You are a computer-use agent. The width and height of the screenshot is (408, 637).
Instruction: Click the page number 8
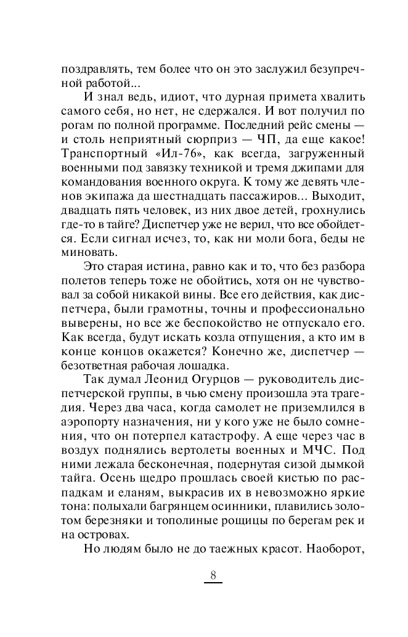213,576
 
